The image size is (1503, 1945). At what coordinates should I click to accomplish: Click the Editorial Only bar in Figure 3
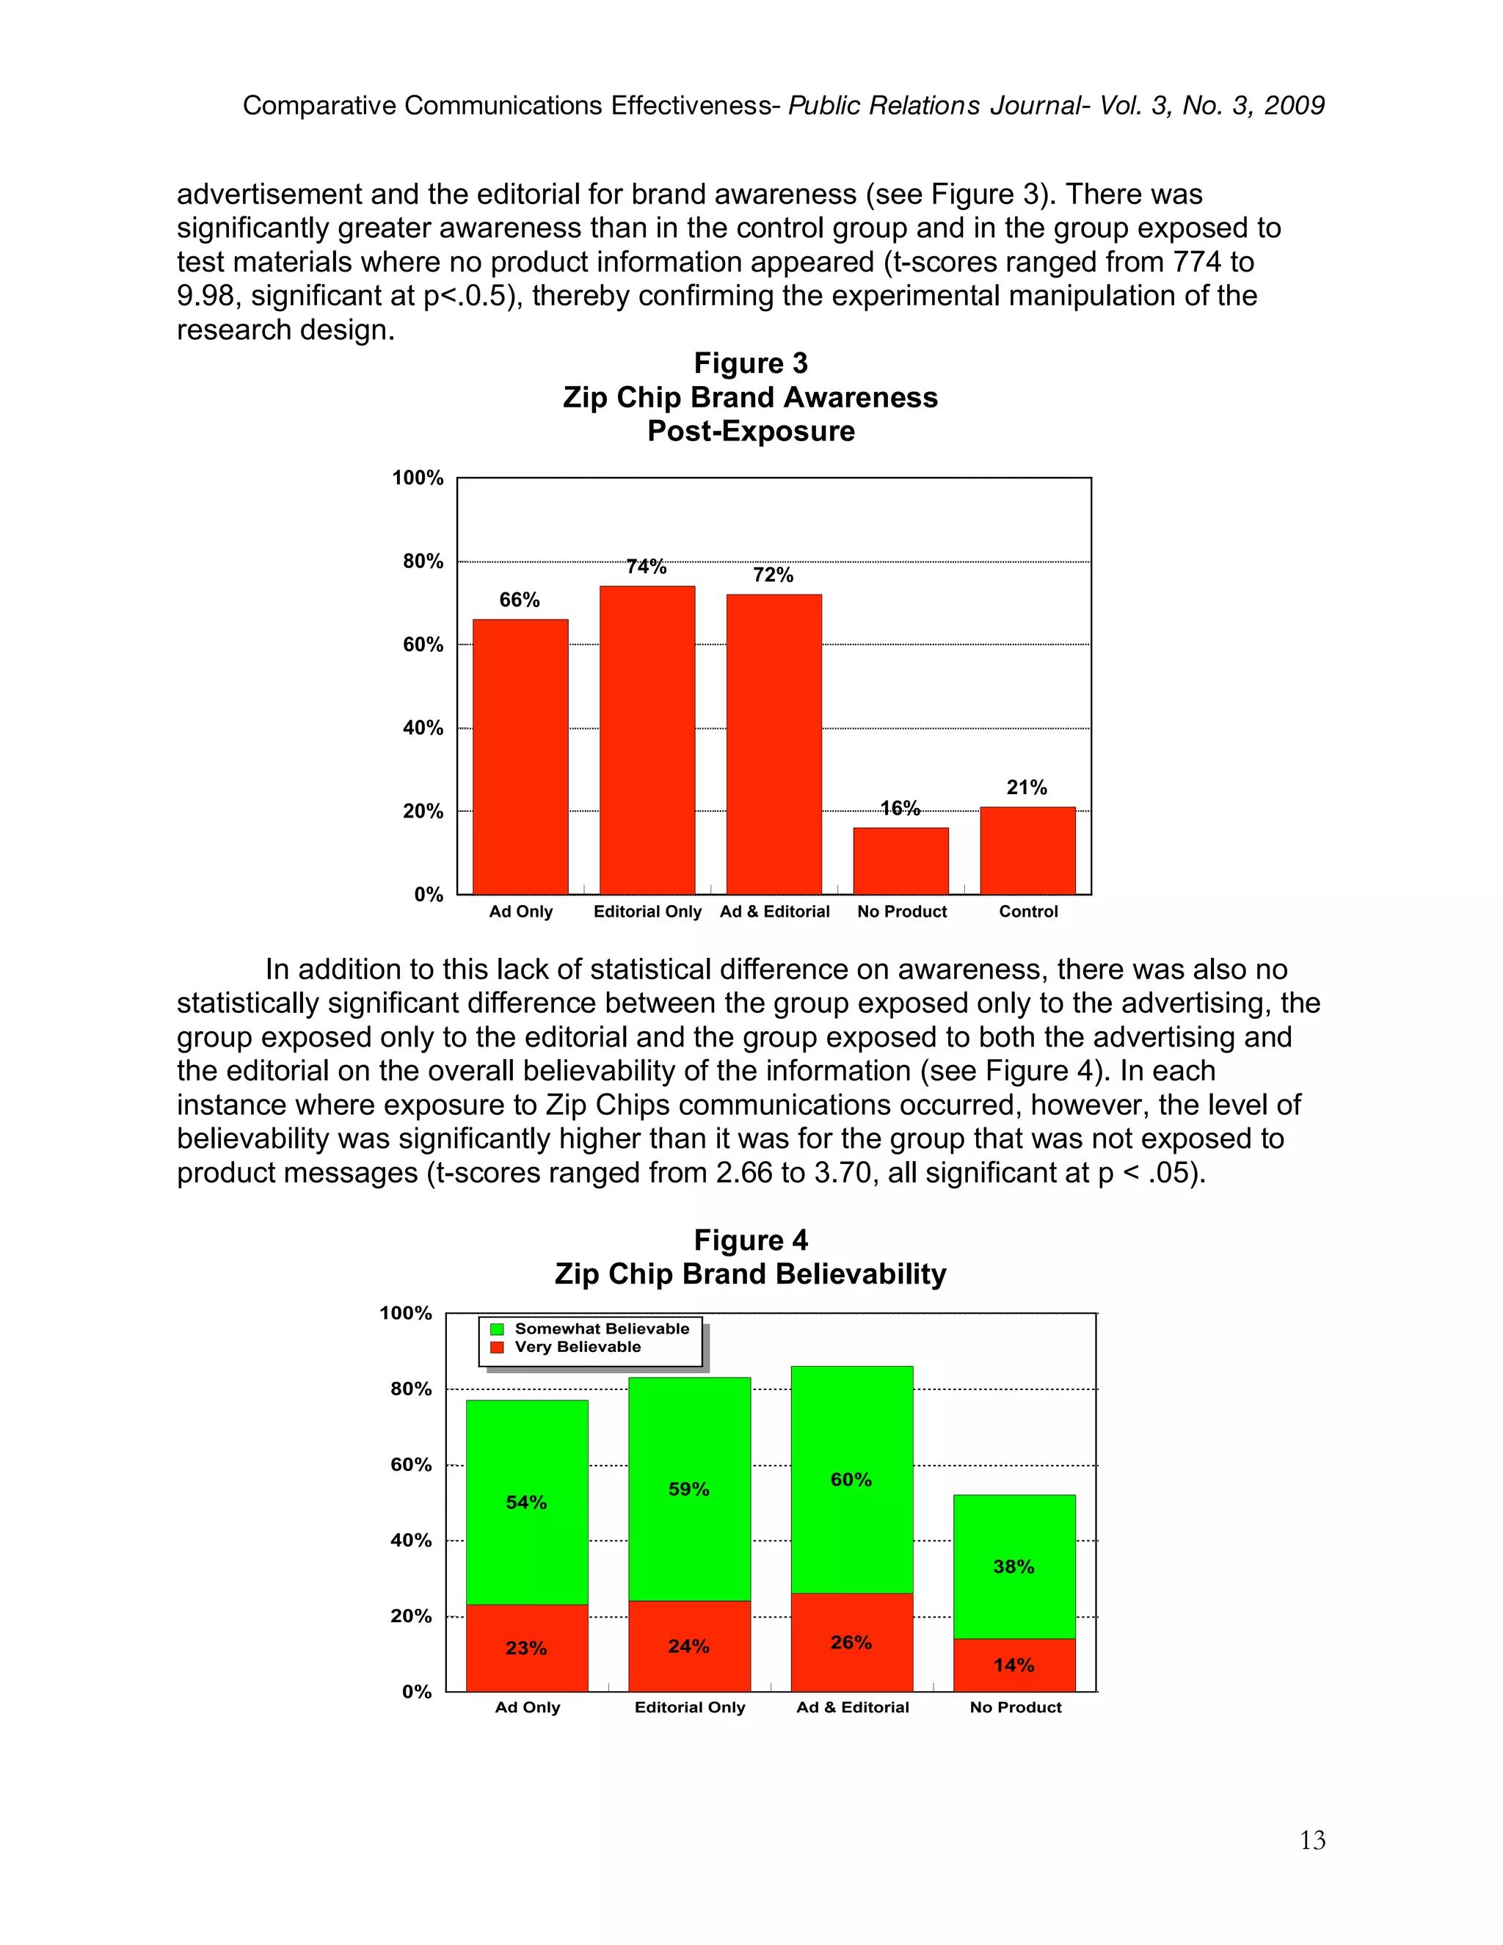point(647,739)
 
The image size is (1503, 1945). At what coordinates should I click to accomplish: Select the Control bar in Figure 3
point(1027,851)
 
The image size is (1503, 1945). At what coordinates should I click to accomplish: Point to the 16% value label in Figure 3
point(900,809)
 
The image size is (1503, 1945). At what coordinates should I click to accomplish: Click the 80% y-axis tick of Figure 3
point(423,561)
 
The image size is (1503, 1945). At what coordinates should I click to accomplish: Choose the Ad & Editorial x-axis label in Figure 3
point(775,912)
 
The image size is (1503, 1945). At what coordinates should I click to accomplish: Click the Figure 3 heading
point(751,363)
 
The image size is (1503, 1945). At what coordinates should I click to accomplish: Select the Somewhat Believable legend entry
point(602,1328)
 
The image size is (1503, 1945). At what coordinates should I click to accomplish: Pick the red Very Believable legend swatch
point(498,1348)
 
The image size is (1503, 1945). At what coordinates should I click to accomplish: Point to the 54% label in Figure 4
point(526,1502)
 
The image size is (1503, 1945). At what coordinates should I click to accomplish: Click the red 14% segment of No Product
point(1014,1665)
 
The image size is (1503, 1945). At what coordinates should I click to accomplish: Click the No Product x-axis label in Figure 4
point(1015,1707)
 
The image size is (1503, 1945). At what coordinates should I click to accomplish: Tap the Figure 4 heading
point(751,1240)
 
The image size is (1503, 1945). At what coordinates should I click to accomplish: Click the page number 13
point(1312,1841)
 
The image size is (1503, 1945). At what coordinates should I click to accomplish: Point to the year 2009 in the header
point(1295,106)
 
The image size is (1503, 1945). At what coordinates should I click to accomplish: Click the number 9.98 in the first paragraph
point(205,297)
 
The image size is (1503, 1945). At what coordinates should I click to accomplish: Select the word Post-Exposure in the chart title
point(751,431)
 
